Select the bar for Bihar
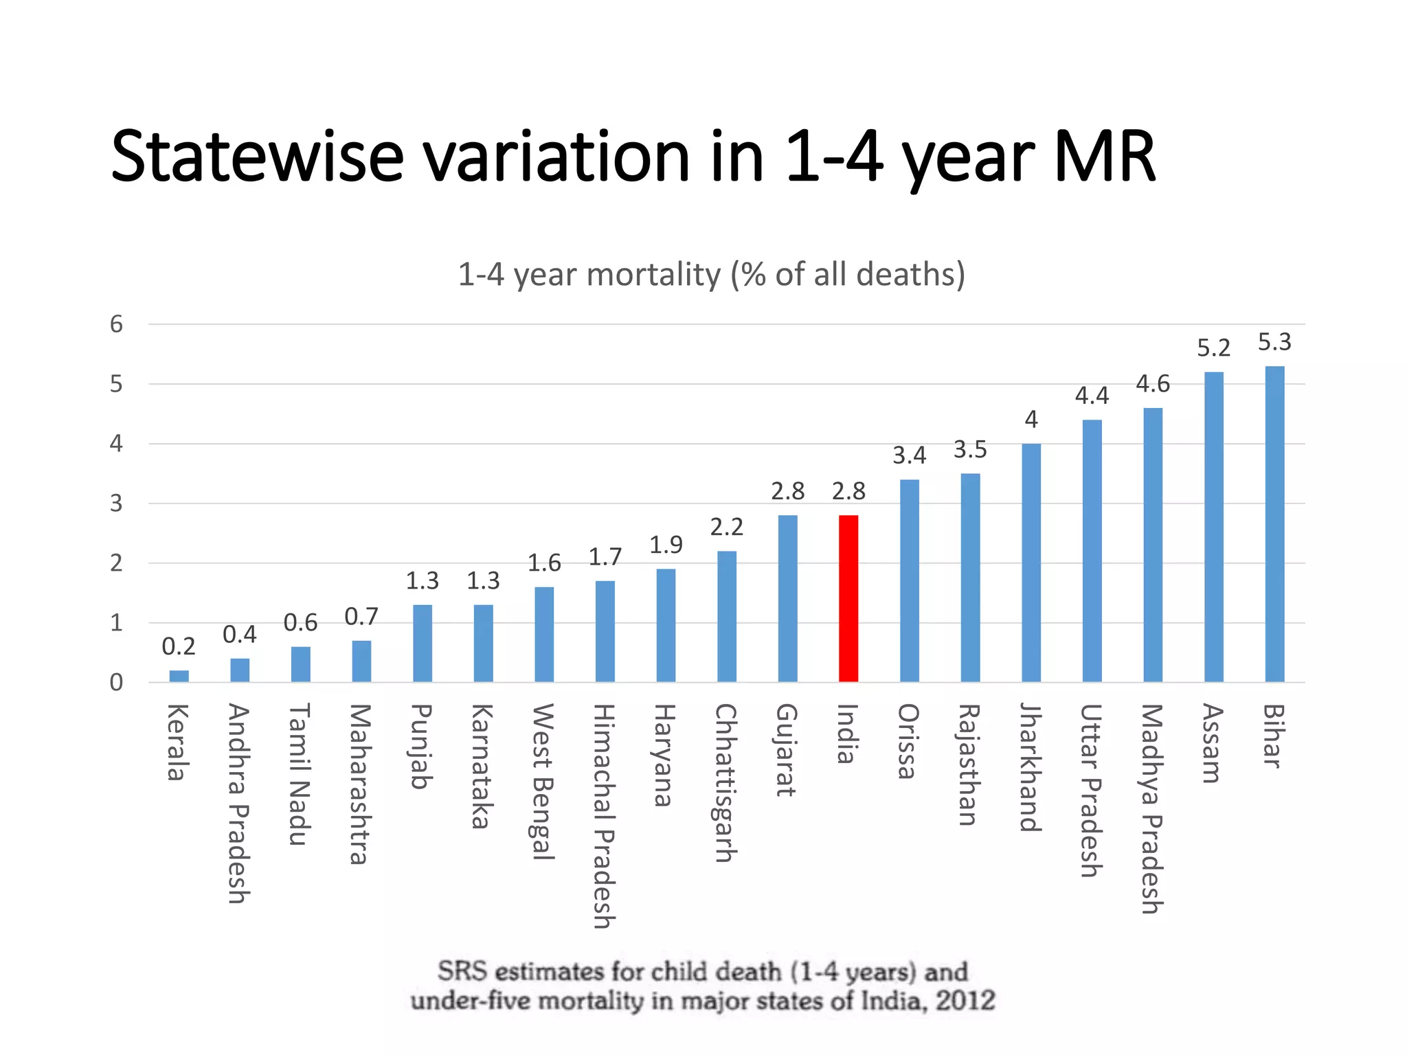pyautogui.click(x=1274, y=523)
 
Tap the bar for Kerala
pyautogui.click(x=179, y=676)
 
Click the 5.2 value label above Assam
pyautogui.click(x=1213, y=348)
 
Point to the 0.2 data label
pyautogui.click(x=179, y=646)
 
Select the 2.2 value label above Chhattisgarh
pyautogui.click(x=726, y=527)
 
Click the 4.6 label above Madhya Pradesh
pyautogui.click(x=1152, y=383)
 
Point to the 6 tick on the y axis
pyautogui.click(x=117, y=324)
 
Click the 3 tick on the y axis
pyautogui.click(x=117, y=503)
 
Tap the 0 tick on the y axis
pyautogui.click(x=117, y=683)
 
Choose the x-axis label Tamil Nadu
pyautogui.click(x=300, y=774)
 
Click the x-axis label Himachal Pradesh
pyautogui.click(x=604, y=815)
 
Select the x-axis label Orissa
pyautogui.click(x=908, y=741)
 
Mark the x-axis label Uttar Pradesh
pyautogui.click(x=1091, y=790)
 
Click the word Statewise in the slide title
pyautogui.click(x=257, y=157)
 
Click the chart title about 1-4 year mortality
pyautogui.click(x=711, y=274)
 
